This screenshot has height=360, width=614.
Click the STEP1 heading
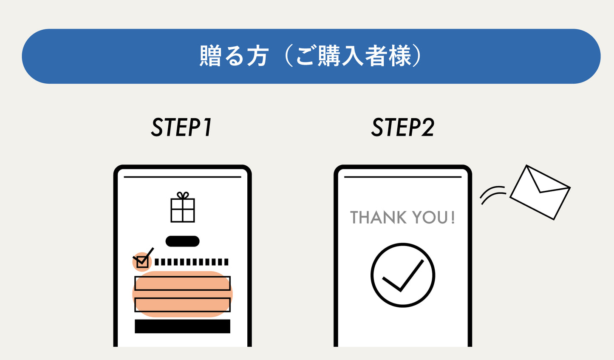pyautogui.click(x=181, y=128)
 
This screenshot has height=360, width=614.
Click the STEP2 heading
pyautogui.click(x=403, y=128)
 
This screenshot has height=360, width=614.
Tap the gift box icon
pyautogui.click(x=183, y=210)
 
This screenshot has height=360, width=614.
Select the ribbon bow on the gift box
pyautogui.click(x=183, y=195)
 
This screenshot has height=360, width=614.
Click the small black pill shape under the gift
pyautogui.click(x=182, y=241)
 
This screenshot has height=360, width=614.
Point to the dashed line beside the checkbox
pyautogui.click(x=191, y=262)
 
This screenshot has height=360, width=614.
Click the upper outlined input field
pyautogui.click(x=182, y=283)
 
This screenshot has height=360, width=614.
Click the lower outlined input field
pyautogui.click(x=182, y=305)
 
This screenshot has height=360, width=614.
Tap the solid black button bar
pyautogui.click(x=182, y=326)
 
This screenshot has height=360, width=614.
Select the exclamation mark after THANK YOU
pyautogui.click(x=453, y=218)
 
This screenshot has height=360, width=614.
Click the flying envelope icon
pyautogui.click(x=540, y=192)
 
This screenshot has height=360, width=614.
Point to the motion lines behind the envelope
pyautogui.click(x=492, y=195)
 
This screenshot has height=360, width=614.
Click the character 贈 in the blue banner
pyautogui.click(x=211, y=56)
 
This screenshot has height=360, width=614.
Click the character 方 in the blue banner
pyautogui.click(x=257, y=56)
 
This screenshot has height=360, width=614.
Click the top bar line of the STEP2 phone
pyautogui.click(x=402, y=177)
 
